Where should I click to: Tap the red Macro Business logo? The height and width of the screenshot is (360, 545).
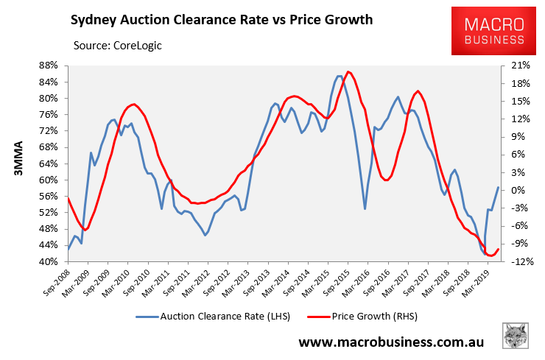point(493,31)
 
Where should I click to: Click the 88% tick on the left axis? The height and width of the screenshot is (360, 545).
point(48,66)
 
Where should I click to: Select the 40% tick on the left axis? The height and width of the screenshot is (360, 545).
point(48,261)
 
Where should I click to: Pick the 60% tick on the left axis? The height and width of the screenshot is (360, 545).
point(48,180)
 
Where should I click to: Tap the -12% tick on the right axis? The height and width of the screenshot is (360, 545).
point(521,261)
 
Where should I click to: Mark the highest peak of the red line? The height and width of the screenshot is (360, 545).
point(348,71)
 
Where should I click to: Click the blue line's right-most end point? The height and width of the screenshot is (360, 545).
point(499,188)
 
